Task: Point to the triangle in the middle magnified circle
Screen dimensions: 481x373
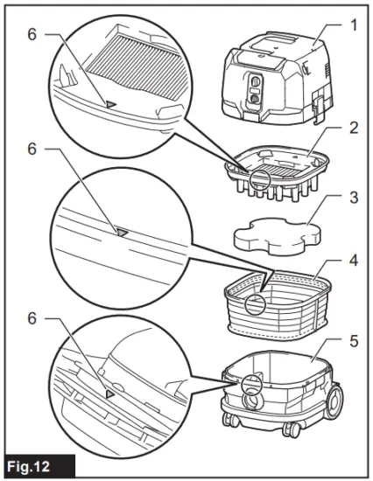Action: click(122, 233)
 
